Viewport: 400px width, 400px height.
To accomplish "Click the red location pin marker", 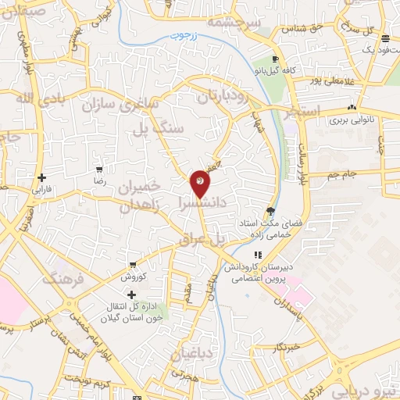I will (x=200, y=183).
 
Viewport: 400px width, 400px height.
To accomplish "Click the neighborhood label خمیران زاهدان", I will (x=140, y=196).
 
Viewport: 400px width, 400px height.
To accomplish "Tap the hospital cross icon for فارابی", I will (x=41, y=177).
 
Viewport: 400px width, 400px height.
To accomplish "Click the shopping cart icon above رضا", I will (x=99, y=169).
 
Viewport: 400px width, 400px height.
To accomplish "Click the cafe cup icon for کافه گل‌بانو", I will (x=275, y=59).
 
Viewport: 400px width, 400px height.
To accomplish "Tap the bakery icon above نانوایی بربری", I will (x=352, y=108).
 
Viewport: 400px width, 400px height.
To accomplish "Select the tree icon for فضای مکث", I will (x=270, y=209).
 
